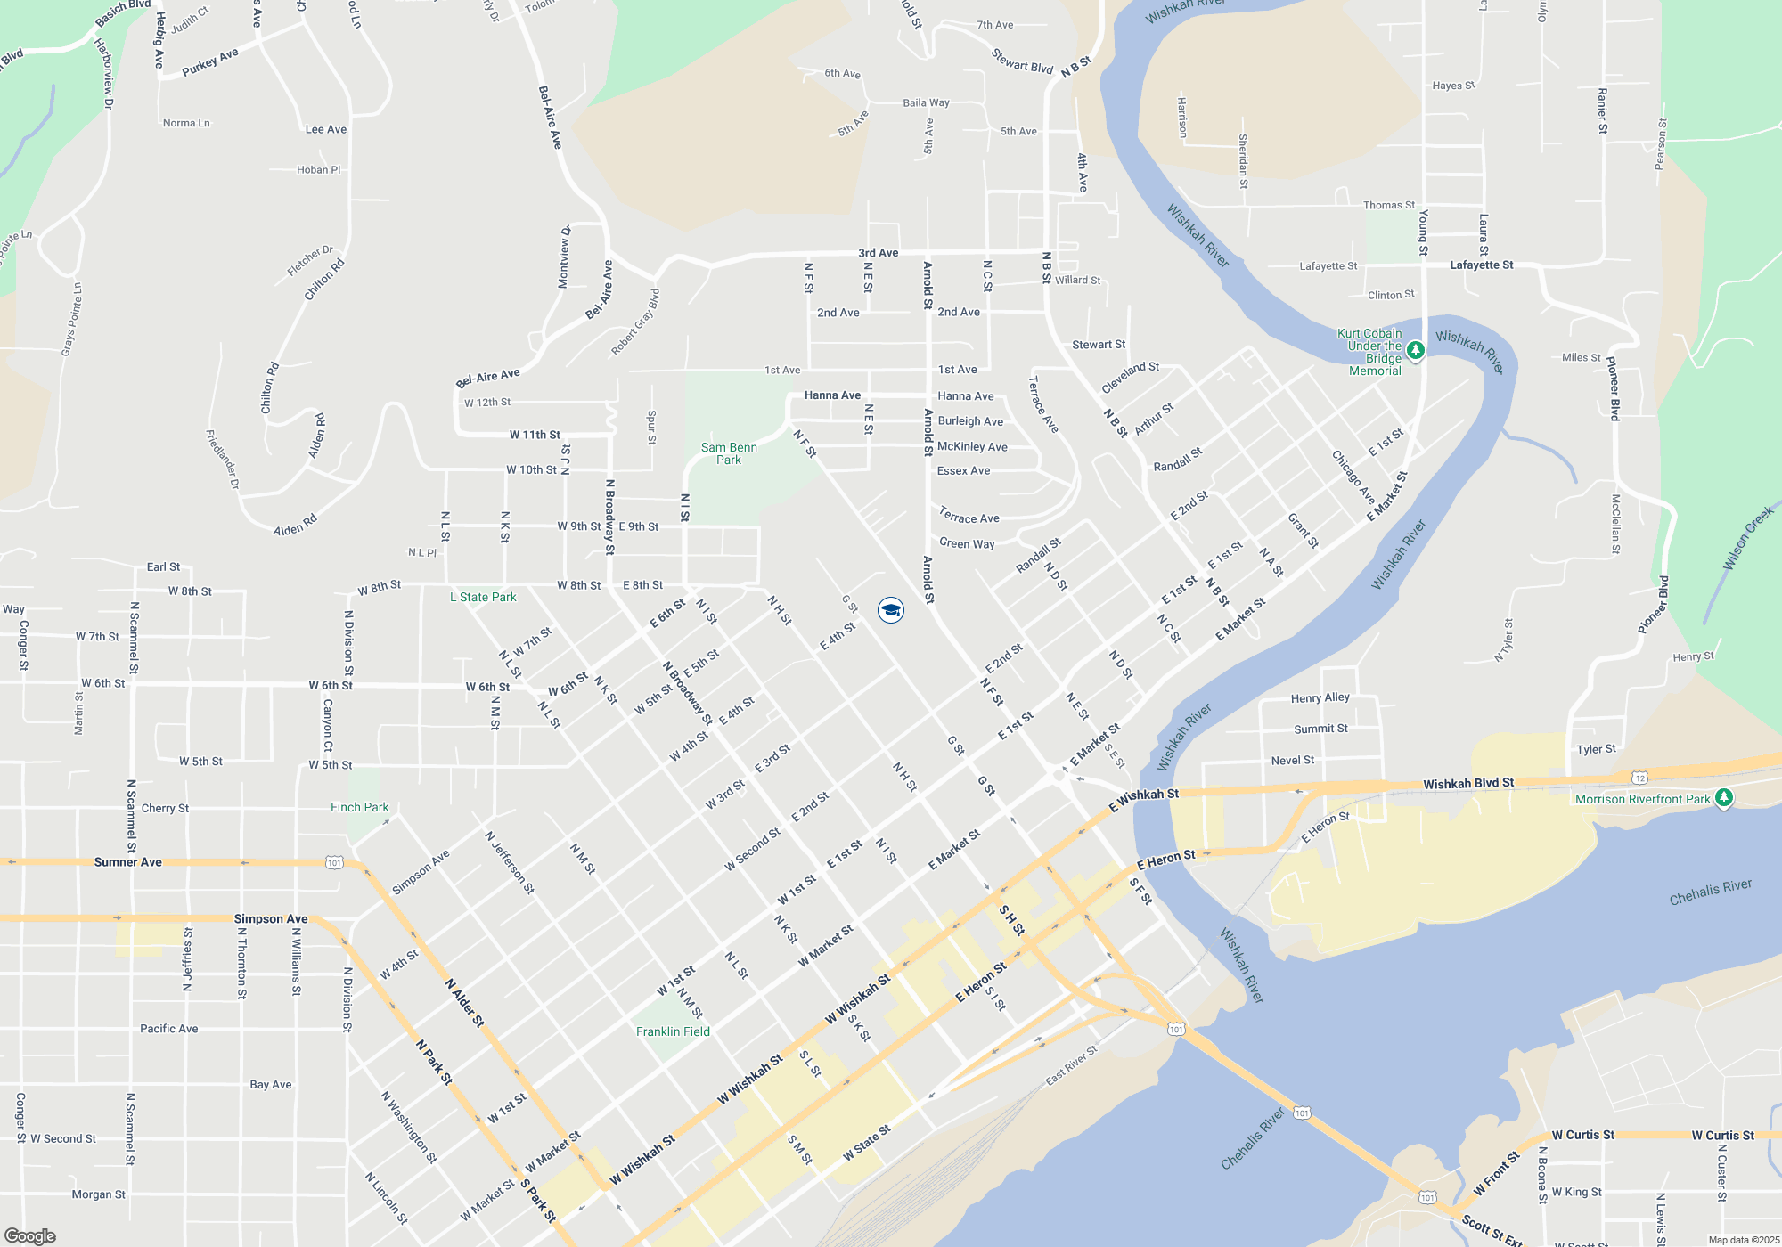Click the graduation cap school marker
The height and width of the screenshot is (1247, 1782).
pyautogui.click(x=891, y=610)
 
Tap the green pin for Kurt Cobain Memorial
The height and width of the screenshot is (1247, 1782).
pyautogui.click(x=1415, y=350)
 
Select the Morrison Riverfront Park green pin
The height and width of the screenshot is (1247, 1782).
pyautogui.click(x=1724, y=798)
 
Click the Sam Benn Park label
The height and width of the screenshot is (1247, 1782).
pyautogui.click(x=729, y=453)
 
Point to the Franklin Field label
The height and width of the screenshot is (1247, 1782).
pyautogui.click(x=673, y=1031)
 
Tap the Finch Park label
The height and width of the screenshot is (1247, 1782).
pyautogui.click(x=359, y=807)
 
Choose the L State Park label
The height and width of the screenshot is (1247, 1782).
pyautogui.click(x=483, y=597)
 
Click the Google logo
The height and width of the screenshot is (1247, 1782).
pyautogui.click(x=30, y=1235)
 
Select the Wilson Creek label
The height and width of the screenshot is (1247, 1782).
pyautogui.click(x=1748, y=539)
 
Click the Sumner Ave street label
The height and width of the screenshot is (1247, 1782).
pyautogui.click(x=128, y=862)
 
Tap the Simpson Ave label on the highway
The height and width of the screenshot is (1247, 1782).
pyautogui.click(x=271, y=918)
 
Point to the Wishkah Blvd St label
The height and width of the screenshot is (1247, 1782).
pyautogui.click(x=1468, y=784)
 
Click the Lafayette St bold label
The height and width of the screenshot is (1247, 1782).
pyautogui.click(x=1481, y=265)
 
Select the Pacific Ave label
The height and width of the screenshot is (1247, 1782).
pyautogui.click(x=169, y=1028)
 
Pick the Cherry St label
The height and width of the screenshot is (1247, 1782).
pyautogui.click(x=165, y=808)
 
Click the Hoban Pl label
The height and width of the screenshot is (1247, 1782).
pyautogui.click(x=318, y=169)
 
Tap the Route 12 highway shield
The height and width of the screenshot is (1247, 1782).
pyautogui.click(x=1640, y=778)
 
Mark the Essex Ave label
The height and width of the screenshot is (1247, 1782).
pyautogui.click(x=963, y=470)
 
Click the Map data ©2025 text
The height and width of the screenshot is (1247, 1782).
pyautogui.click(x=1744, y=1240)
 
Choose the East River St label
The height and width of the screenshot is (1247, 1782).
pyautogui.click(x=1072, y=1065)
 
